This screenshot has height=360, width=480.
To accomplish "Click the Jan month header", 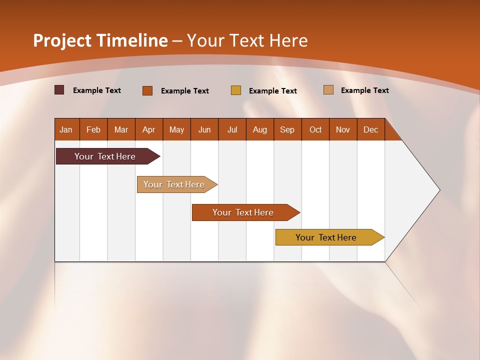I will (66, 129).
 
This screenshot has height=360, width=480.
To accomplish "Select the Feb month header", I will (93, 129).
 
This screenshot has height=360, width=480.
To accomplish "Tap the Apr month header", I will (149, 129).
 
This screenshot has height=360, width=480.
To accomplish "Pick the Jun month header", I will (204, 129).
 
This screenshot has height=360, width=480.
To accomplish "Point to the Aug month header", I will (260, 129).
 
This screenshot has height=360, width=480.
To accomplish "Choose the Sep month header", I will (287, 129).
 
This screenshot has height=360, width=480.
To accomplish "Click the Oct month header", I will (315, 129).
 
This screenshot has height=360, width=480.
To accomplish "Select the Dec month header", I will (371, 129).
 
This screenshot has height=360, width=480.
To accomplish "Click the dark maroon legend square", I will (59, 90).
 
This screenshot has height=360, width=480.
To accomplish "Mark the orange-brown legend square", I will (147, 90).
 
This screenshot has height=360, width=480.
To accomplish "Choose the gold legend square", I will (236, 90).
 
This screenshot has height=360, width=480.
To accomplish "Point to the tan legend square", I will (328, 90).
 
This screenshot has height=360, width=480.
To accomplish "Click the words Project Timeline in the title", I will (100, 40).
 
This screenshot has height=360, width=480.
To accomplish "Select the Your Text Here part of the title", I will (247, 40).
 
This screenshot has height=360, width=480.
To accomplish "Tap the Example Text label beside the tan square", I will (364, 90).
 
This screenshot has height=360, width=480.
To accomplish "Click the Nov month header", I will (343, 129).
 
